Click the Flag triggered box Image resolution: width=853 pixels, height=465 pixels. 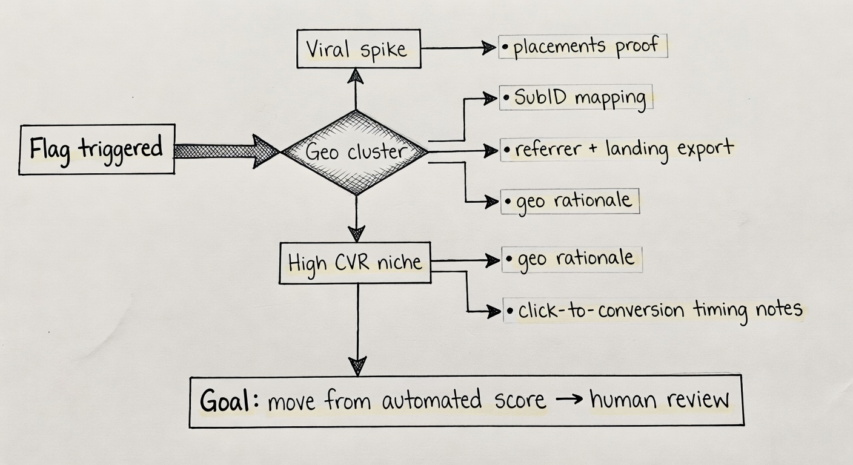tap(97, 150)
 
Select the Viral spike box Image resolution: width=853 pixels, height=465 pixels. tap(359, 48)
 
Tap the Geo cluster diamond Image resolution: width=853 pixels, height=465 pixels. tap(356, 152)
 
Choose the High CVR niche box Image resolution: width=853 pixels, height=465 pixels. tap(354, 263)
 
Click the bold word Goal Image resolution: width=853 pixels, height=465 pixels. tap(225, 401)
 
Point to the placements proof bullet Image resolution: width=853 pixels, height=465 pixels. tap(583, 47)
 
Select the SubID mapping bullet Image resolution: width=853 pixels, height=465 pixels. tap(576, 98)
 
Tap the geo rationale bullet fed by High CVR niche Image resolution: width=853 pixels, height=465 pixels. tap(572, 259)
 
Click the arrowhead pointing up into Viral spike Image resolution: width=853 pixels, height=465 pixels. tap(356, 76)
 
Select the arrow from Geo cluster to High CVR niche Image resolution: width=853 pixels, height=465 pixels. tap(356, 218)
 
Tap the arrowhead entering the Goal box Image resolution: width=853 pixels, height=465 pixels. tap(357, 366)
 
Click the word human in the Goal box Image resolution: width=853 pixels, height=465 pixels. tap(624, 400)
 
